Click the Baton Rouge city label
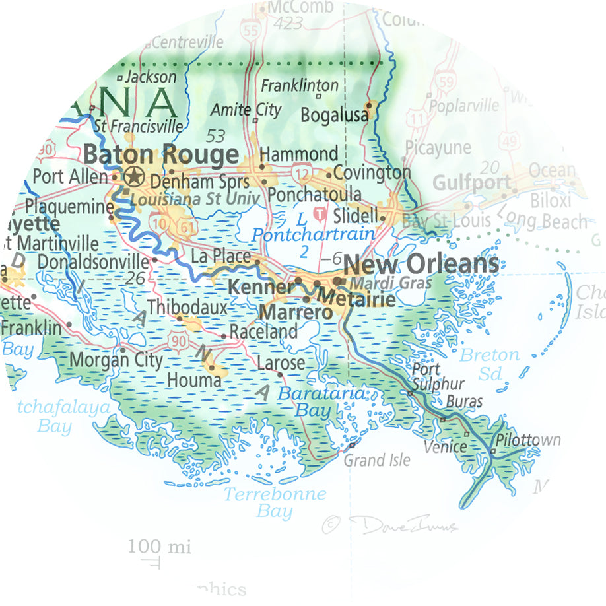point(162,155)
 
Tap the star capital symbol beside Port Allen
point(134,176)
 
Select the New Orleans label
point(421,264)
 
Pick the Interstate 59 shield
point(446,82)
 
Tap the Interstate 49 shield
point(509,139)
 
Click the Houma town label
point(194,381)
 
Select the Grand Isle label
point(377,460)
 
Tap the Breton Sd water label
point(490,364)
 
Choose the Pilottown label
point(528,440)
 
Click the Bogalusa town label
point(334,115)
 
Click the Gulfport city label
point(471,183)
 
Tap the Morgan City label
point(116,360)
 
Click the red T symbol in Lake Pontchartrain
point(320,214)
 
